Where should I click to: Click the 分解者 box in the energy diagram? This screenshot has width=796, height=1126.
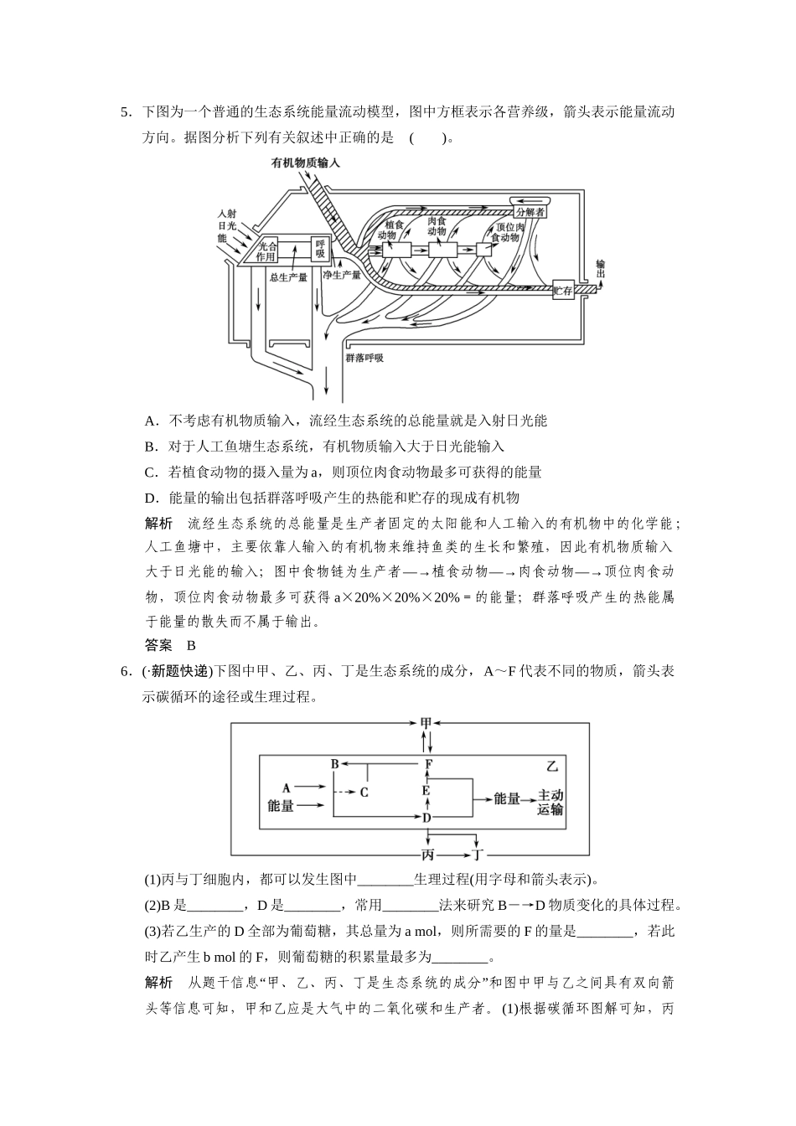click(x=530, y=213)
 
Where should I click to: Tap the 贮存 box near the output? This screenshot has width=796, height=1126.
click(x=562, y=291)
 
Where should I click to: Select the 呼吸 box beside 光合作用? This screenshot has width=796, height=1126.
click(x=320, y=249)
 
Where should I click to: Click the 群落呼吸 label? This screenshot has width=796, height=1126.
click(x=364, y=358)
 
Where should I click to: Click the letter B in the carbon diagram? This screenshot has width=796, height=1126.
click(x=334, y=763)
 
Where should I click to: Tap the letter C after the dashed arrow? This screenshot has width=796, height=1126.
click(x=364, y=791)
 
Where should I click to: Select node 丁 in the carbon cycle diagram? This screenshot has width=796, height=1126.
click(x=477, y=855)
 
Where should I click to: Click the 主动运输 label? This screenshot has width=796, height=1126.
click(x=550, y=802)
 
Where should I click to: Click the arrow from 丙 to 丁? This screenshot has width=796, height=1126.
click(x=452, y=855)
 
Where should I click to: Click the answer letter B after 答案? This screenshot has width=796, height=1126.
click(x=191, y=645)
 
